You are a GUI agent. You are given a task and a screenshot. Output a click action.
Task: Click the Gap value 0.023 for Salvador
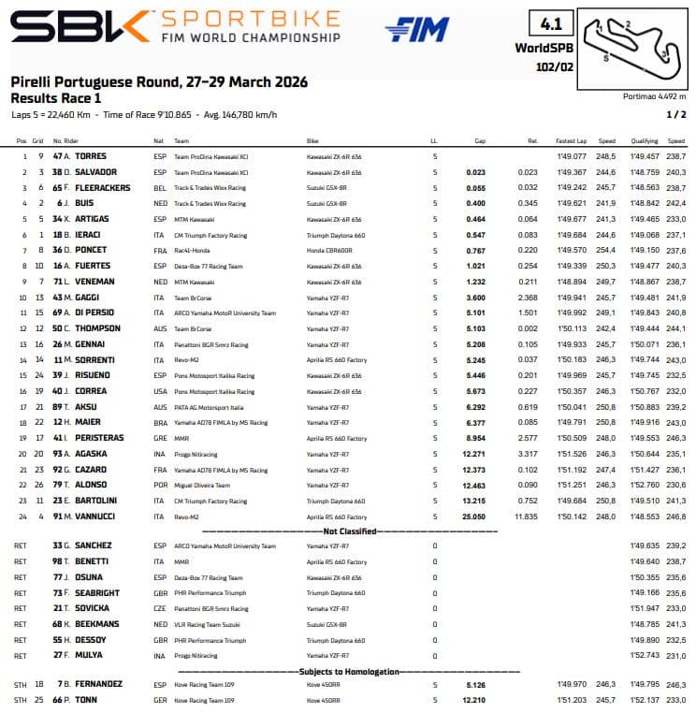pyautogui.click(x=476, y=172)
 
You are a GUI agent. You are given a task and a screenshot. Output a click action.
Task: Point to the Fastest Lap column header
pyautogui.click(x=569, y=141)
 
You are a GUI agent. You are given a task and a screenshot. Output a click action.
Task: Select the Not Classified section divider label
pyautogui.click(x=350, y=531)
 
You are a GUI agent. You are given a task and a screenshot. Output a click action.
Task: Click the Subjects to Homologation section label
pyautogui.click(x=350, y=672)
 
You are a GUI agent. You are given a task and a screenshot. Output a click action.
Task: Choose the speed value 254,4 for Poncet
pyautogui.click(x=605, y=251)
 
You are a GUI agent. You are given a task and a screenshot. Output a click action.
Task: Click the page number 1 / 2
pyautogui.click(x=675, y=114)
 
